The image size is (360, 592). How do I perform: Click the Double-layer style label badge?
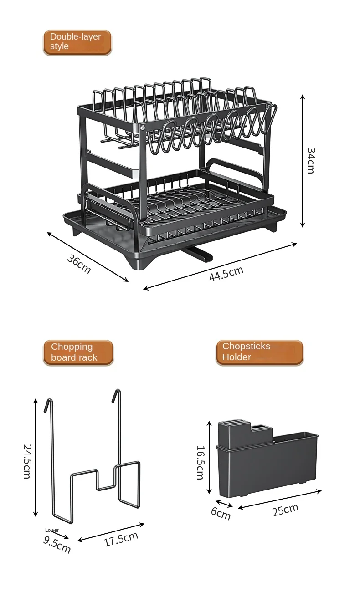coord(77,42)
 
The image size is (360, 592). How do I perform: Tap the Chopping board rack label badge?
coord(78,352)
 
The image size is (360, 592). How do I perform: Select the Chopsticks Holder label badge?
coord(259,352)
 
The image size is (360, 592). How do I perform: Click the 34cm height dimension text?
coord(310,160)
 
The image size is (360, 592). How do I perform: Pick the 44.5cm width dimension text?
coord(226,273)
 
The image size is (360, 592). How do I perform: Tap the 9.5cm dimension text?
coord(57,544)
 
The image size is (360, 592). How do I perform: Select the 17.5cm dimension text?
coord(121,539)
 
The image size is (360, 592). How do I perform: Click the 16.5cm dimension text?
coord(200,462)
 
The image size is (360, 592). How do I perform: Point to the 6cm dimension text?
coord(221,514)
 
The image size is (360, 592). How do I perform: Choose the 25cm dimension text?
coord(285,510)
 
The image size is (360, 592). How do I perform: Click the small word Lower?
coord(52,530)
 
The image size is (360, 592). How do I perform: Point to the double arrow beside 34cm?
coord(302,160)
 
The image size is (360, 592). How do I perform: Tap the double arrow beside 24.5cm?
coord(36,457)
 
